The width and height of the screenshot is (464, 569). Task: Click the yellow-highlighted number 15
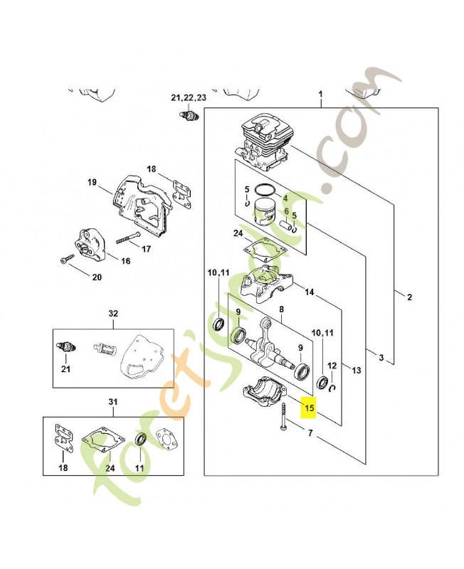coord(309,408)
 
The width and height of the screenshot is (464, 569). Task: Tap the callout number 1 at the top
coord(321,95)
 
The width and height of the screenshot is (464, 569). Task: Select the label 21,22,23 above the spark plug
coord(188,97)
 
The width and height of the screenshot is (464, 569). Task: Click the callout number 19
coord(92,183)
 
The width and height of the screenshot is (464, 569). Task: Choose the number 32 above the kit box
coord(112,314)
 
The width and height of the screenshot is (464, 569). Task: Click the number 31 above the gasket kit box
coord(112,403)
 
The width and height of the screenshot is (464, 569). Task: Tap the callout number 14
coord(309,292)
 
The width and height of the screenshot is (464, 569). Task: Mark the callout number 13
coord(357,370)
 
